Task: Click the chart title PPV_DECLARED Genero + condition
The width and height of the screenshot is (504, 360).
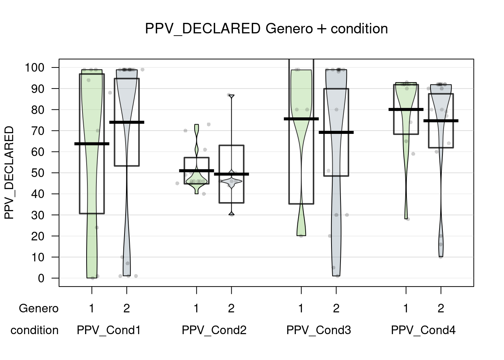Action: [266, 29]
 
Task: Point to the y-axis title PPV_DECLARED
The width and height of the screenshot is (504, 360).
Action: [9, 173]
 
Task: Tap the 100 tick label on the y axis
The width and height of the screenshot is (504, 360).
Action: [34, 68]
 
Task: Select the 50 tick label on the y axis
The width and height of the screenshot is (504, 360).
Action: [39, 173]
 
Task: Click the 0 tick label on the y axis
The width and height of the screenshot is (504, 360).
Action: [41, 279]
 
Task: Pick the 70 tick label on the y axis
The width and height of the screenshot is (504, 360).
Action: [39, 131]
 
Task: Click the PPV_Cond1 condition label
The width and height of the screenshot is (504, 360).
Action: [109, 330]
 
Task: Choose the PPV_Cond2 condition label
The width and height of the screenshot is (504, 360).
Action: [214, 330]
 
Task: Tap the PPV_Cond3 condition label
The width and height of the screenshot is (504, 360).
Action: [319, 330]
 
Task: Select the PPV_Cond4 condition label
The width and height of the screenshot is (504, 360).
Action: [423, 330]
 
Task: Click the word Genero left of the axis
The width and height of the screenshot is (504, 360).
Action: [39, 309]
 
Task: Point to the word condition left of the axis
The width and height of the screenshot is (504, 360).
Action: [34, 330]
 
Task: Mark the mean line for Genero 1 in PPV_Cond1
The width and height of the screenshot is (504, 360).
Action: [92, 144]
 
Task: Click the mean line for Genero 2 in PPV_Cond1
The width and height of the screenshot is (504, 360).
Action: [127, 122]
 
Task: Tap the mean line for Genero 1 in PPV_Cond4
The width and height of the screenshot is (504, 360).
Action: [406, 109]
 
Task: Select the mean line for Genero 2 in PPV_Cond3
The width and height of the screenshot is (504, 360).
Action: [336, 132]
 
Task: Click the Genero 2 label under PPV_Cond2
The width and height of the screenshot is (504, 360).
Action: [231, 309]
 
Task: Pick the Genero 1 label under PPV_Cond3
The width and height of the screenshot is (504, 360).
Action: [301, 309]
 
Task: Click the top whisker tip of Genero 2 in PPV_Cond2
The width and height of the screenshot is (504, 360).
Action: [231, 96]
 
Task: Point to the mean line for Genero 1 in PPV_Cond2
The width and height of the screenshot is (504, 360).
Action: [196, 171]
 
